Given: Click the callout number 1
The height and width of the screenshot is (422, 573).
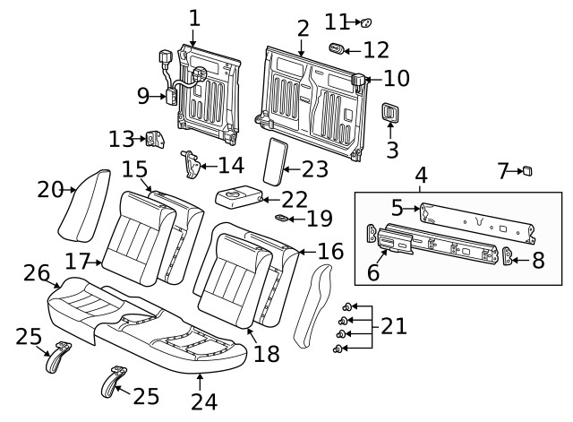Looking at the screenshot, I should point(194,16).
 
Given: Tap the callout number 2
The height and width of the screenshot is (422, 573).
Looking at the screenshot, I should point(303,28).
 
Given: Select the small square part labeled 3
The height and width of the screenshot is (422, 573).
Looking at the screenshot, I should point(391,113).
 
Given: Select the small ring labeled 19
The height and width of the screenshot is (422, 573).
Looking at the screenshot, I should point(281,217).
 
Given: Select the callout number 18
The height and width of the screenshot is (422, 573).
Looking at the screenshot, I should point(266,354).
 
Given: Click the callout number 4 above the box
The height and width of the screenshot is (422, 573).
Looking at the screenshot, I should point(420,175).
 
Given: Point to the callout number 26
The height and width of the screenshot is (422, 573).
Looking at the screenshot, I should point(36,272).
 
